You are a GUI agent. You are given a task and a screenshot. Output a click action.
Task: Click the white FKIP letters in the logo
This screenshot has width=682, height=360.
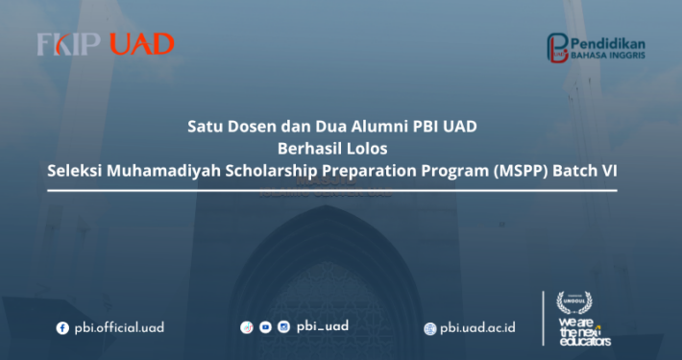(69, 44)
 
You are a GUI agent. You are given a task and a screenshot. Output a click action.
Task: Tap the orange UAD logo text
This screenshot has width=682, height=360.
(141, 44)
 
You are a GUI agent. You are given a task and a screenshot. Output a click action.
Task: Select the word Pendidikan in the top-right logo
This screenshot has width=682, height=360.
(609, 43)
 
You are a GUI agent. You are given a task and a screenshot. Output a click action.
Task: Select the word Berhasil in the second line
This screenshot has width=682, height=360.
(308, 148)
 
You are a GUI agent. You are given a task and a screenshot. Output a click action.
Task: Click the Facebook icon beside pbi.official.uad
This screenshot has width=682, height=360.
(62, 327)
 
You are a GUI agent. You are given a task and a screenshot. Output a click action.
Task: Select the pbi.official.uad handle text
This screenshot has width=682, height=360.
(117, 327)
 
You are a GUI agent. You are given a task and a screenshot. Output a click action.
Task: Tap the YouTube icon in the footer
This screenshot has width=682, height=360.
(265, 327)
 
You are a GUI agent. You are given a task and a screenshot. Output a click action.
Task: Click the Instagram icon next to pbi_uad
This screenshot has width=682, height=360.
(283, 327)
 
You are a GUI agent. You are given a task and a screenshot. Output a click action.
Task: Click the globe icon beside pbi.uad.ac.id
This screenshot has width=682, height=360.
(430, 328)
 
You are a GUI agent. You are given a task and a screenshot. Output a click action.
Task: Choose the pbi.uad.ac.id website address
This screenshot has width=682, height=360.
(477, 328)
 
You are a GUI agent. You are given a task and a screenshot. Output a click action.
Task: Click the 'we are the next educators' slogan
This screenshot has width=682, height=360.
(583, 327)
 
